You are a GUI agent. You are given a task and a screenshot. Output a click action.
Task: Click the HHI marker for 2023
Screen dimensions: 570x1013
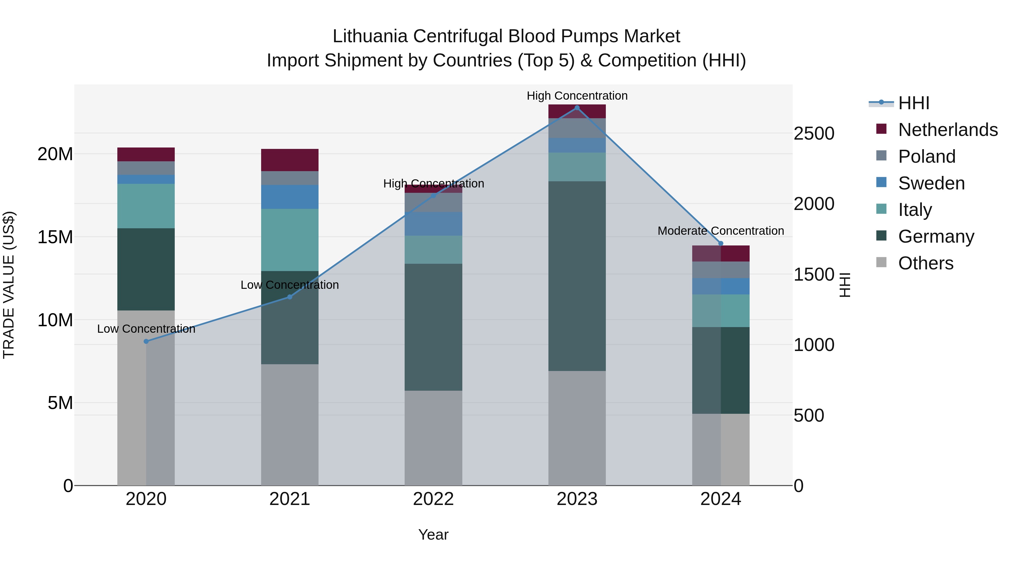pyautogui.click(x=577, y=108)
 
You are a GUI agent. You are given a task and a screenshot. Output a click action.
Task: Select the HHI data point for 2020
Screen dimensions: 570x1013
pyautogui.click(x=146, y=341)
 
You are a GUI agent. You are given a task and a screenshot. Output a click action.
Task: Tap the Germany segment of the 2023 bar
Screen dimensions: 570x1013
pyautogui.click(x=577, y=275)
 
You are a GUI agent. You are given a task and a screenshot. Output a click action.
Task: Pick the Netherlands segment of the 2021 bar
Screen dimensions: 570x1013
pyautogui.click(x=290, y=160)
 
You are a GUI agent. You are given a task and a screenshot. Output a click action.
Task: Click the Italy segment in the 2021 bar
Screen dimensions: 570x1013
pyautogui.click(x=290, y=240)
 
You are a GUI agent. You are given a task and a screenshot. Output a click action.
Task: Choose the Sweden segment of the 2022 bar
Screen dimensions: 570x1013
pyautogui.click(x=433, y=224)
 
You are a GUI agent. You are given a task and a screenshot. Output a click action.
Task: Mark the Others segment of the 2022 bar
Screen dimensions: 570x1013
pyautogui.click(x=433, y=437)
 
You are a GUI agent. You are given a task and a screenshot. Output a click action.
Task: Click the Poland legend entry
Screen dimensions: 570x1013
pyautogui.click(x=927, y=157)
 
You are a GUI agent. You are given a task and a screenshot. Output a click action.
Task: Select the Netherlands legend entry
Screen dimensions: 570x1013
pyautogui.click(x=948, y=130)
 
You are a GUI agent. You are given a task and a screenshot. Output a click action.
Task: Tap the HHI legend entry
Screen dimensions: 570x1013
pyautogui.click(x=913, y=103)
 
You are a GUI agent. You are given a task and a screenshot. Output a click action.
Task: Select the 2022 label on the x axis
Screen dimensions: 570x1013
pyautogui.click(x=433, y=499)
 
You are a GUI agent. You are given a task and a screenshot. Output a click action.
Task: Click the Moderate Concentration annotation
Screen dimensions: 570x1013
pyautogui.click(x=720, y=231)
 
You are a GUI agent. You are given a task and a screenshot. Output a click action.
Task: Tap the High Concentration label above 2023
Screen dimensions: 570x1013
pyautogui.click(x=577, y=96)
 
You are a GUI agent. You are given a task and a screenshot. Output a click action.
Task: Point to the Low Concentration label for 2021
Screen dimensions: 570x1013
pyautogui.click(x=290, y=285)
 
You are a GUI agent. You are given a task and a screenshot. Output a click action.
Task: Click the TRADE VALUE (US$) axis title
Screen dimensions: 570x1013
pyautogui.click(x=9, y=285)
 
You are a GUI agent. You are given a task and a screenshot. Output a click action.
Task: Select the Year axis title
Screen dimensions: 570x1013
pyautogui.click(x=433, y=535)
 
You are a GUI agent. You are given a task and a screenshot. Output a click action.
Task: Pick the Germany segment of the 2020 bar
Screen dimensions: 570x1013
pyautogui.click(x=146, y=269)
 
